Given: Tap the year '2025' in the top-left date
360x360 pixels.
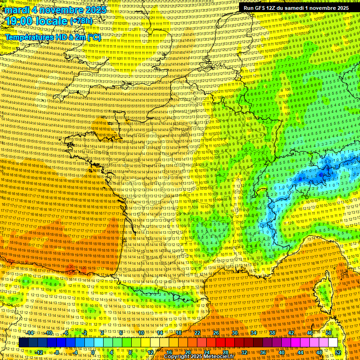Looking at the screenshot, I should click(94, 10).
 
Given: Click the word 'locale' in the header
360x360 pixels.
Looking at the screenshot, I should click(54, 21).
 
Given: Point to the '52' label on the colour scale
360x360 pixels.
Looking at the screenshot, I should click(338, 352).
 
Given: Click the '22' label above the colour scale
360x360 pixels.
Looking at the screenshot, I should click(197, 333).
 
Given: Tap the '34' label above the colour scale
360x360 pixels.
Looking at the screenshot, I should click(254, 333).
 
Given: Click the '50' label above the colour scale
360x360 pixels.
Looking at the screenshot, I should click(329, 333).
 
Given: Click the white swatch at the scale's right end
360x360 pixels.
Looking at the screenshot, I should click(333, 343).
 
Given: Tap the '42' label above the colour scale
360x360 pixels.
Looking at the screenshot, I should click(291, 333).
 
